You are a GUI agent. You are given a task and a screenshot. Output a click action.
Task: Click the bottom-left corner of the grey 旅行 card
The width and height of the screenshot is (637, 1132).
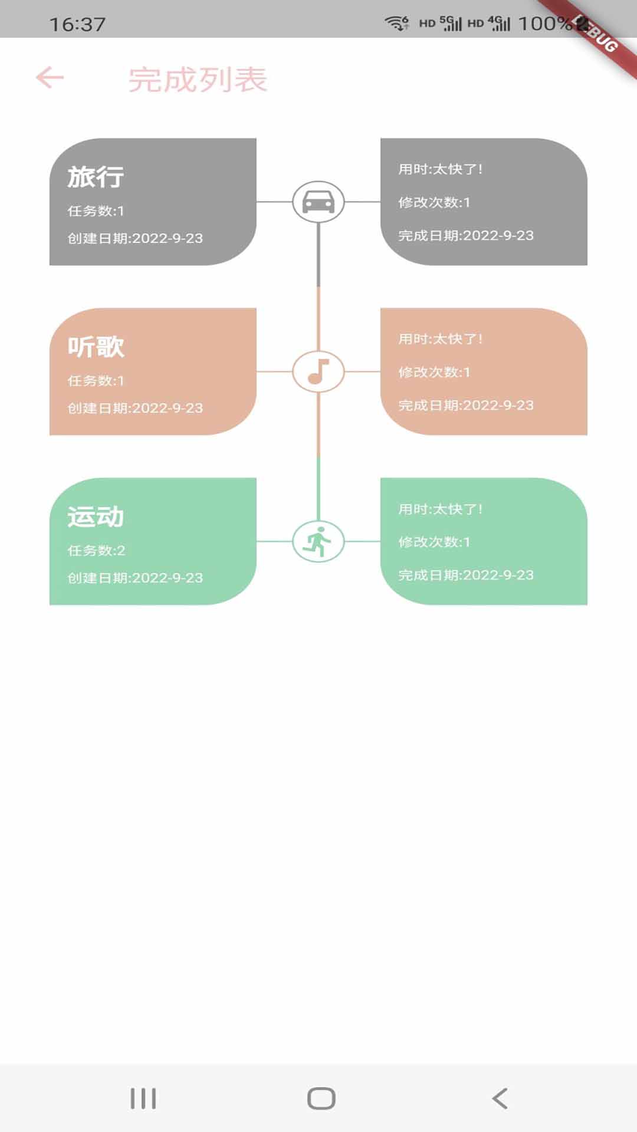(50, 265)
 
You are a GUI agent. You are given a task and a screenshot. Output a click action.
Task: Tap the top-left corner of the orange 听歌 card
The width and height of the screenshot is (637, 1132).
(50, 308)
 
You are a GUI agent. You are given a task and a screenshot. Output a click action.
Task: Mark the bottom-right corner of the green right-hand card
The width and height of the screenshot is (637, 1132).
(587, 604)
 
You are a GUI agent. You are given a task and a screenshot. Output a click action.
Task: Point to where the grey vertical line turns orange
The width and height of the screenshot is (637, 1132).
(318, 287)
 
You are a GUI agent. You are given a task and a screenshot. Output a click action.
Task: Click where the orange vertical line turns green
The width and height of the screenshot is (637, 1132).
(318, 457)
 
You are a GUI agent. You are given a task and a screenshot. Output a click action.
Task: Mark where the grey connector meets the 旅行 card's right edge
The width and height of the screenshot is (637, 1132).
(257, 202)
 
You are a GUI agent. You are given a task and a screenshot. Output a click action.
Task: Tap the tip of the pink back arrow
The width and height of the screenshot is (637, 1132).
(37, 77)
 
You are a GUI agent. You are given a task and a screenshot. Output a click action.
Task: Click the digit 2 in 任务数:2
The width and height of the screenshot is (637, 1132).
(121, 551)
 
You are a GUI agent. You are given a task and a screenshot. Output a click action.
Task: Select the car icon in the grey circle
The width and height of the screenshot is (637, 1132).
(318, 202)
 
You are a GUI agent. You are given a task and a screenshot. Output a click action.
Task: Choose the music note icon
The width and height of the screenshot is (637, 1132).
(318, 371)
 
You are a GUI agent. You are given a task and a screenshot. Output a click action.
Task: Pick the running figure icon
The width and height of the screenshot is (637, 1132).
(317, 541)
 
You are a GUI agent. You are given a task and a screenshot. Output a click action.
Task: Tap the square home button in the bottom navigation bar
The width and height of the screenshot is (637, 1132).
(321, 1098)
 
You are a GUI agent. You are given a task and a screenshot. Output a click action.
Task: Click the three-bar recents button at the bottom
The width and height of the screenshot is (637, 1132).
(143, 1098)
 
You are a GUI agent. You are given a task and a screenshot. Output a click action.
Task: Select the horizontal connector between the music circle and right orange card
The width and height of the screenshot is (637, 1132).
(362, 371)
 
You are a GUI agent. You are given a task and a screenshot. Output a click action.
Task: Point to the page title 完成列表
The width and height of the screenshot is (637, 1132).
(198, 80)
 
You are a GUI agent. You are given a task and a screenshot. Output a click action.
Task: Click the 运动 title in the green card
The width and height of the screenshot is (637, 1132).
(96, 516)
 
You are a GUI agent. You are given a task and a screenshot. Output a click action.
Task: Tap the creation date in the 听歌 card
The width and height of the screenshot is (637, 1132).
(135, 408)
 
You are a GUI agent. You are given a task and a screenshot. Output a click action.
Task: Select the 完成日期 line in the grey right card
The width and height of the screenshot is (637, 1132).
(466, 235)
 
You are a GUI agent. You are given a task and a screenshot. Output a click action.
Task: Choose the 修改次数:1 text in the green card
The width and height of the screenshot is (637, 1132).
(434, 542)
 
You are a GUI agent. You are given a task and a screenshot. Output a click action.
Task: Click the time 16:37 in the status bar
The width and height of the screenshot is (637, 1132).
(77, 24)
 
